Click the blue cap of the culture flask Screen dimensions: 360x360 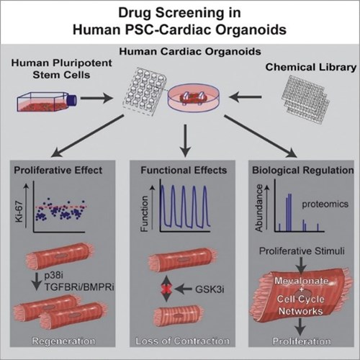(x=72, y=100)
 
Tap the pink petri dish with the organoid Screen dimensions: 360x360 (x=194, y=98)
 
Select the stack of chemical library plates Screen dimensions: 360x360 (x=306, y=99)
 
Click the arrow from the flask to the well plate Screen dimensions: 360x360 (x=96, y=98)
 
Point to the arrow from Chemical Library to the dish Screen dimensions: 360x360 (x=246, y=97)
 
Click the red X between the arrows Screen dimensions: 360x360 (x=166, y=289)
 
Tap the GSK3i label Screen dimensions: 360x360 (x=210, y=289)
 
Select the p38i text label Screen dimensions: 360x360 (x=53, y=276)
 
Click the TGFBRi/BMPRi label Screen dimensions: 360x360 (x=79, y=287)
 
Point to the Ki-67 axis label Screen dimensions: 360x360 (x=19, y=212)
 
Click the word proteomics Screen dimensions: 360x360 (x=325, y=204)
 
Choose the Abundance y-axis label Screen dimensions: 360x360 (x=259, y=208)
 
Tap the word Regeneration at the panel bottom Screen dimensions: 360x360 (x=63, y=341)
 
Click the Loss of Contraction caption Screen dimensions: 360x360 (x=182, y=341)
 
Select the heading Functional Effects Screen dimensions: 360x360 (x=184, y=170)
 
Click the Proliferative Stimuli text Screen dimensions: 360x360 (x=302, y=251)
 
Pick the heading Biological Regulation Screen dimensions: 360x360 (x=303, y=170)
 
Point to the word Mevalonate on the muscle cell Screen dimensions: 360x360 (x=302, y=281)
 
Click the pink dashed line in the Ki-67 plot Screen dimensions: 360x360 (x=60, y=207)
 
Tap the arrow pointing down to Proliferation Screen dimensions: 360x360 (x=300, y=327)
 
